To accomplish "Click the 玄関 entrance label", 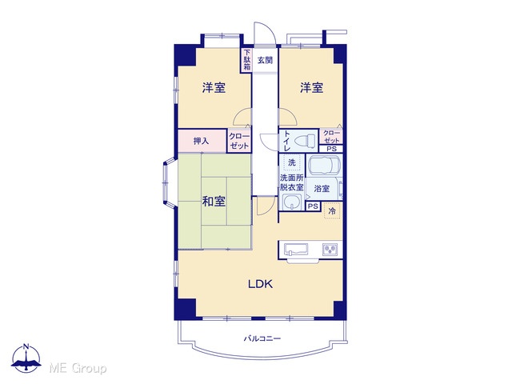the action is click(265, 60).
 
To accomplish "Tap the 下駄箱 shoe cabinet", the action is click(247, 60).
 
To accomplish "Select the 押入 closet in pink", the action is click(202, 141).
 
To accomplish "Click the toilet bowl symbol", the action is click(305, 141).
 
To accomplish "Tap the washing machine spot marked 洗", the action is click(291, 162).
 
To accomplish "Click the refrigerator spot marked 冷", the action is click(332, 211).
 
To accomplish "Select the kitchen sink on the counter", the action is click(296, 249).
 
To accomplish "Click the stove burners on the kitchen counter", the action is click(330, 250).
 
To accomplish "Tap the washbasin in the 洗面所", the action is click(290, 202).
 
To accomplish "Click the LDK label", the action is click(260, 284).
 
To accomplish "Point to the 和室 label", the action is click(214, 202).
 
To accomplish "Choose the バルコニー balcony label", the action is click(262, 338).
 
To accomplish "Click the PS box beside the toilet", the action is click(332, 149).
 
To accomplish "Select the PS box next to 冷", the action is click(313, 206).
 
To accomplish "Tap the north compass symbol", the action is click(26, 358).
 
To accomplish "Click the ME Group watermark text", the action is click(78, 368).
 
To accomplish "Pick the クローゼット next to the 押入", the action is click(239, 141).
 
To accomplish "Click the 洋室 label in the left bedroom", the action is click(214, 87).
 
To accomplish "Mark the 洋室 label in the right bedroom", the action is click(312, 87).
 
